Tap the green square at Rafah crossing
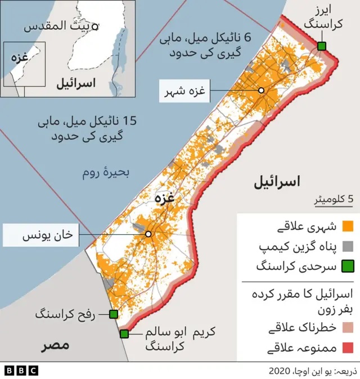(x=114, y=314)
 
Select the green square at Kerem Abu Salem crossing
(x=124, y=334)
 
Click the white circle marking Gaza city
(x=261, y=90)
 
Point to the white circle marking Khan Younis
(x=148, y=234)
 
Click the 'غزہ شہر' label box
(x=184, y=91)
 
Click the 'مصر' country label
(x=55, y=345)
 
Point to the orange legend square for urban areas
(x=348, y=227)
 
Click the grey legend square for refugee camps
(x=348, y=246)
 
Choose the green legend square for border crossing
(x=348, y=266)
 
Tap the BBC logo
(x=21, y=370)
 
